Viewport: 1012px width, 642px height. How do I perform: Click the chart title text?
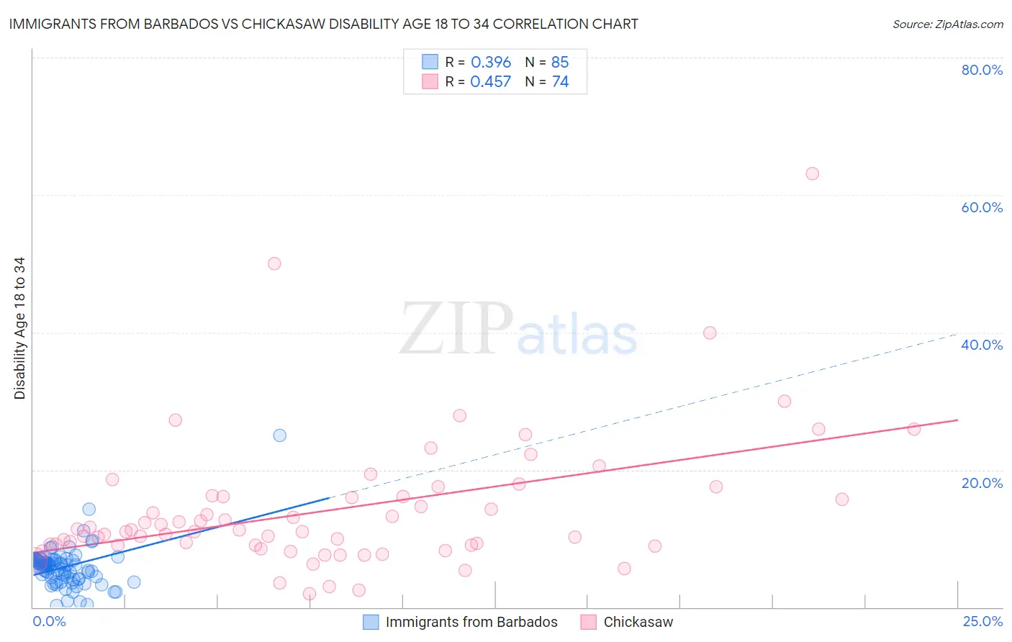tap(323, 24)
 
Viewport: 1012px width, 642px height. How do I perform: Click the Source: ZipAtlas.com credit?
tap(947, 24)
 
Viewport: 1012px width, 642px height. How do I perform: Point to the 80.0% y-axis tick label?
tap(982, 70)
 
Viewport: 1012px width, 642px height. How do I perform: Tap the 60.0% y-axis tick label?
tap(982, 207)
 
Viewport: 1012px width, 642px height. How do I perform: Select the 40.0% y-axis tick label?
tap(982, 345)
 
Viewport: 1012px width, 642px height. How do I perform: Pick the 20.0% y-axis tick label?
tap(982, 482)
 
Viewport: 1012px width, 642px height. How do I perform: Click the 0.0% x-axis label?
tap(49, 621)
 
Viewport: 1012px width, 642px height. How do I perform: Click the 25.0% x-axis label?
tap(982, 621)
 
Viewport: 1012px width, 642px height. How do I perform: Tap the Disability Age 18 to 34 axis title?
tap(19, 328)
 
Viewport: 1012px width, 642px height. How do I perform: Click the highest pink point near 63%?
tap(812, 173)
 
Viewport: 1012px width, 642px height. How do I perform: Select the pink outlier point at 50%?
tap(274, 263)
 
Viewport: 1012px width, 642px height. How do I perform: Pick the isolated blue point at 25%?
tap(280, 435)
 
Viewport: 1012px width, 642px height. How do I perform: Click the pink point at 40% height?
tap(710, 333)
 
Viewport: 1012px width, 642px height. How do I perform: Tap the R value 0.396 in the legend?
tap(491, 63)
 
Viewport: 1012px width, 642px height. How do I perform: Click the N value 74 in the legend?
tap(560, 82)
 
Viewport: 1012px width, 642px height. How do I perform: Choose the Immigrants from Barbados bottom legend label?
tap(471, 622)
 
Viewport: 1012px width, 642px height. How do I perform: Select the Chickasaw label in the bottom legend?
tap(638, 622)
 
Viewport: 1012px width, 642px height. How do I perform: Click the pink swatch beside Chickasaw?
tap(589, 622)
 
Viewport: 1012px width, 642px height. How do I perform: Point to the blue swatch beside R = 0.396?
tap(430, 62)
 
